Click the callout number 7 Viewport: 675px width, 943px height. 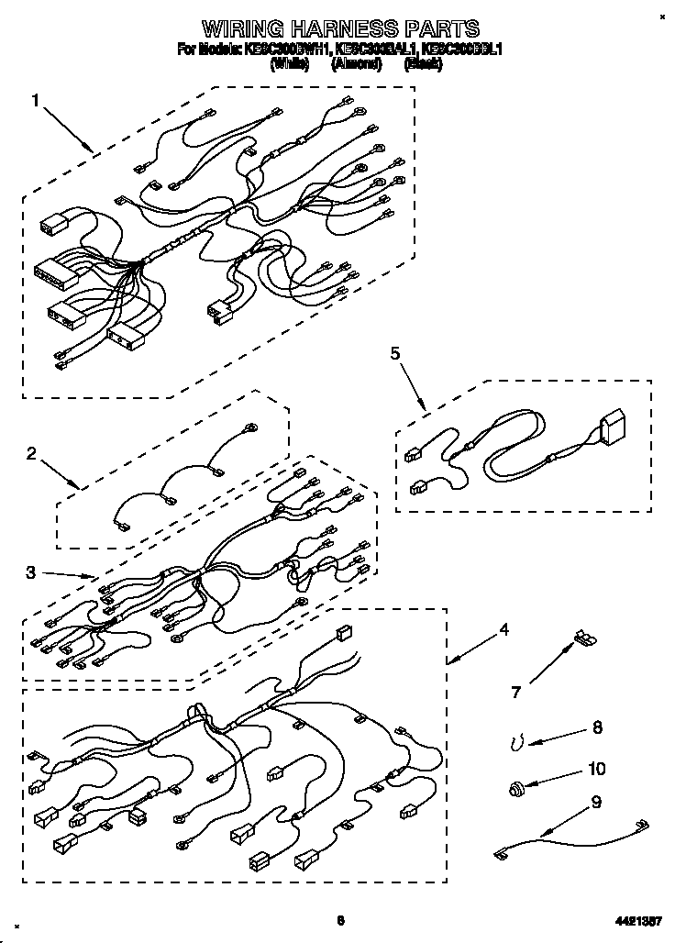[516, 693]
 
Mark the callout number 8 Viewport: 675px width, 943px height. [597, 728]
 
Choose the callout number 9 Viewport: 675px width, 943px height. [596, 802]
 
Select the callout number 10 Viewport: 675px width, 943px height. [598, 768]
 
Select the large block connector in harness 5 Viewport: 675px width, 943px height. [612, 428]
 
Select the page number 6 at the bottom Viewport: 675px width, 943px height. [339, 920]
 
